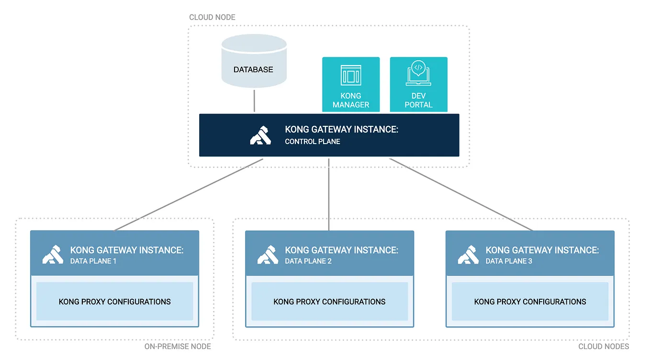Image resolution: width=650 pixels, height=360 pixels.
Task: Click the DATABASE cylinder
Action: (x=254, y=62)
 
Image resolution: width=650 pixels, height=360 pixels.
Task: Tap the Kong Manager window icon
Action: (x=350, y=76)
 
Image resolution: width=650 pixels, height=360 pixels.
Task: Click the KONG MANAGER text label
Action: (x=351, y=100)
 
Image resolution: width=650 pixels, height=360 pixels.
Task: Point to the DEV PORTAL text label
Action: (x=418, y=100)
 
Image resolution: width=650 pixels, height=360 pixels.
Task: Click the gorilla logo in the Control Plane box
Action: (x=260, y=135)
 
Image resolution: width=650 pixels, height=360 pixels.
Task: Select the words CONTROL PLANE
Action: (x=313, y=142)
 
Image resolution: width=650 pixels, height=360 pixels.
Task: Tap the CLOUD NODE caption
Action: (x=212, y=17)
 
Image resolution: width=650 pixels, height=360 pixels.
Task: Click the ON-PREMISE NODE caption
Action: (x=178, y=347)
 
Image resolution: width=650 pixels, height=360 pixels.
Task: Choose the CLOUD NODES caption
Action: (x=604, y=347)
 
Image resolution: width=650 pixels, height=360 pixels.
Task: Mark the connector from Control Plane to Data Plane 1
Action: (x=190, y=194)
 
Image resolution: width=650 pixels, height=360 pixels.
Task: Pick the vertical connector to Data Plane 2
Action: (x=329, y=194)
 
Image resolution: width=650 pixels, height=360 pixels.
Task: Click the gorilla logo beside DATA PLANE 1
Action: (x=53, y=255)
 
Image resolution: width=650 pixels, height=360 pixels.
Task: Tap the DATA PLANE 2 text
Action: (x=308, y=261)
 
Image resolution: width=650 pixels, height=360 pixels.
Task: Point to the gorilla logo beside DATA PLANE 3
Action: (x=468, y=255)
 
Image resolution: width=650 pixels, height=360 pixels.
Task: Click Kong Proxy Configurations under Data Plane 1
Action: (x=114, y=302)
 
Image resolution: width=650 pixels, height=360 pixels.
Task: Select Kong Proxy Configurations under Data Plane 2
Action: (x=329, y=302)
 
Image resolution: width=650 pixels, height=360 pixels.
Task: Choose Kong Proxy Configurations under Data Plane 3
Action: (x=530, y=302)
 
